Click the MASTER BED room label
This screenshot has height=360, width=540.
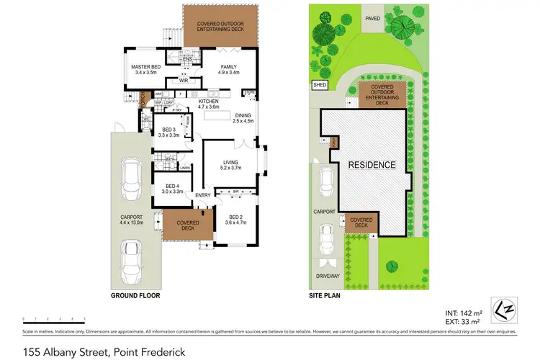[x=145, y=70]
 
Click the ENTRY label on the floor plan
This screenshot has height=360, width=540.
[x=202, y=194]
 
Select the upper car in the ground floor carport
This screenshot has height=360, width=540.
[x=132, y=181]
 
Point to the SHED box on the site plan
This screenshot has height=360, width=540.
[x=320, y=85]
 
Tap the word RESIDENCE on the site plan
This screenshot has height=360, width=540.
[x=372, y=165]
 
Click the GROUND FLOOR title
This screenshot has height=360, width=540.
[x=135, y=295]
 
